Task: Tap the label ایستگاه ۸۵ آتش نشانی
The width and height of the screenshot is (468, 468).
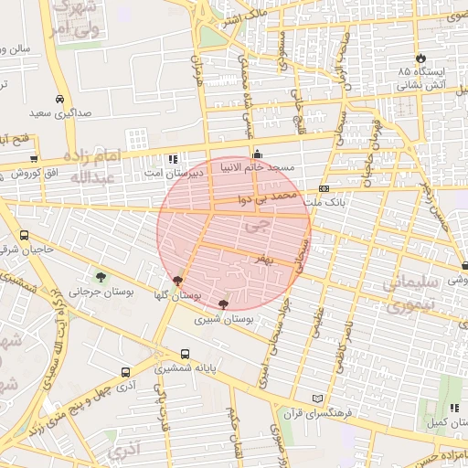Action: point(420,78)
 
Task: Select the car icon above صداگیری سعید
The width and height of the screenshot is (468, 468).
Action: point(60,99)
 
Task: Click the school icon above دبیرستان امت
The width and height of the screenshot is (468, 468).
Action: point(172,157)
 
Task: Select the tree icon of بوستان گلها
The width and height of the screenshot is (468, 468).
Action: point(176,281)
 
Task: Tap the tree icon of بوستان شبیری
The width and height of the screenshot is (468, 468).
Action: point(224,303)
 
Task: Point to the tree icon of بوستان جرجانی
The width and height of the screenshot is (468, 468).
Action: point(101,276)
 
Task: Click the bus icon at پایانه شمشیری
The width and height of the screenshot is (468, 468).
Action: point(186,354)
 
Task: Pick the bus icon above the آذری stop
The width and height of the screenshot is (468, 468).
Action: point(125,372)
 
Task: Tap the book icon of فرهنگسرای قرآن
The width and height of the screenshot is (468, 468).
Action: point(317,399)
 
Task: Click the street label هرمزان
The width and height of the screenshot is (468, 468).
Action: point(197,69)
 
